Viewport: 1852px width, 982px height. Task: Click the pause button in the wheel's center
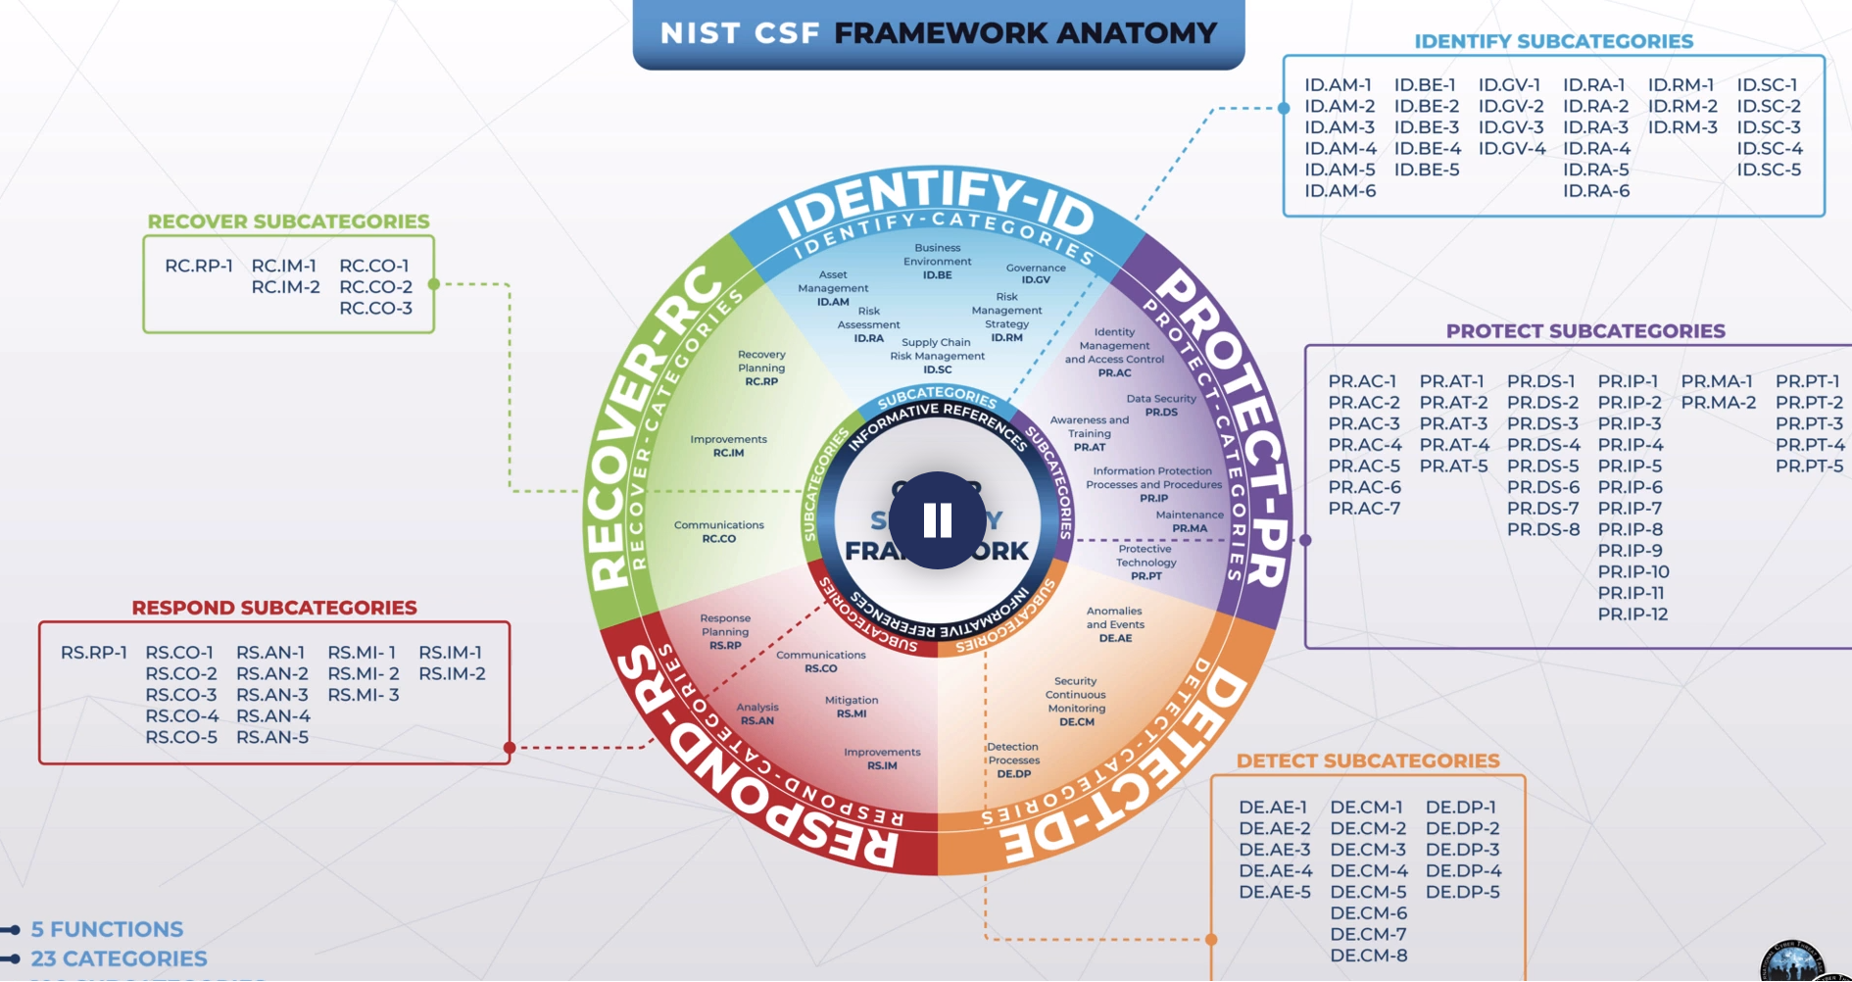coord(938,520)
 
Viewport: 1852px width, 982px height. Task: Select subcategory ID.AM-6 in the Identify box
coord(1340,191)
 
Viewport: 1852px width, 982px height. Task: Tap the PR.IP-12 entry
coord(1633,614)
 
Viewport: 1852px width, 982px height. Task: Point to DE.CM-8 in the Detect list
coord(1368,956)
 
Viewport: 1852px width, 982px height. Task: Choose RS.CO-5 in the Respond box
coord(181,737)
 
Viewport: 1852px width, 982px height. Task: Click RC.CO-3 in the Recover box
coord(375,309)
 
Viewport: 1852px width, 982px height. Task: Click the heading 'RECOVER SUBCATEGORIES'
coord(288,221)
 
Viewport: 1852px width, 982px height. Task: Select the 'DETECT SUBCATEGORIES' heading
coord(1367,761)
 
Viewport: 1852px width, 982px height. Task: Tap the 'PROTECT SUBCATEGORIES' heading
coord(1584,331)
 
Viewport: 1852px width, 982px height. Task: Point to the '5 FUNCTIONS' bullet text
coord(107,929)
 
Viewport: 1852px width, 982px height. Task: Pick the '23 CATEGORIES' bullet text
coord(119,958)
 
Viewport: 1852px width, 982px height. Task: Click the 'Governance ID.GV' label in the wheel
coord(1036,273)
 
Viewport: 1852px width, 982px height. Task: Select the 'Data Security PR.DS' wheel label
coord(1161,406)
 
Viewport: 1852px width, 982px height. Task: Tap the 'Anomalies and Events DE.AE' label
coord(1115,624)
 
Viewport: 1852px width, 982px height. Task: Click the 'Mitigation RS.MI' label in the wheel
coord(852,707)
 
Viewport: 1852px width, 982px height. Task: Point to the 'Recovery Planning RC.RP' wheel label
coord(761,368)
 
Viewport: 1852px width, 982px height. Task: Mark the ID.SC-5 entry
coord(1769,170)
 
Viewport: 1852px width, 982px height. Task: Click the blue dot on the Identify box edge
coord(1284,108)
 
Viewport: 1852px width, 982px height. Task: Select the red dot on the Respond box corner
coord(510,748)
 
